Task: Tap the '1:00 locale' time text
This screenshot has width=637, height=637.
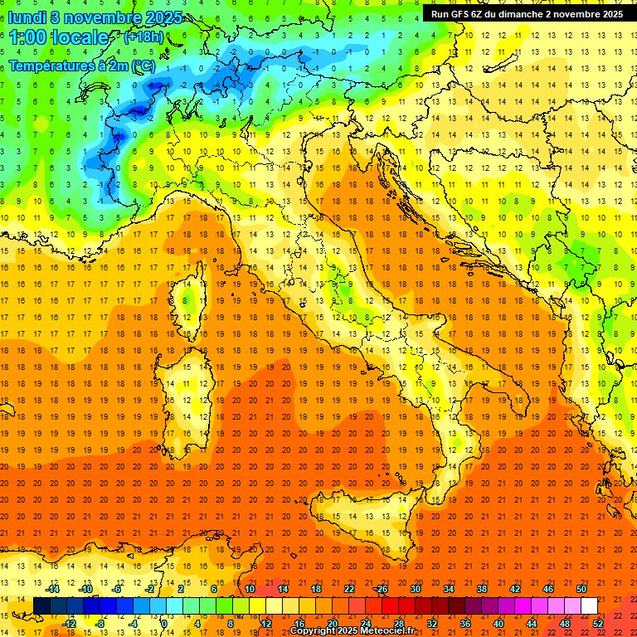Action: click(x=59, y=37)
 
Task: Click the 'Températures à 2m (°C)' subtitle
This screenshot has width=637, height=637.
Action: click(x=82, y=66)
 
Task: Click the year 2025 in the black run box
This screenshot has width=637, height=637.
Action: click(x=610, y=14)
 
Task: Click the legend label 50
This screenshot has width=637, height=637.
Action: click(x=581, y=589)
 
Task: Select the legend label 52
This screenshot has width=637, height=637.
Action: click(x=598, y=623)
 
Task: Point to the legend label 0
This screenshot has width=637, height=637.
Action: click(x=164, y=623)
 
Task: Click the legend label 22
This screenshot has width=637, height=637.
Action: click(x=349, y=589)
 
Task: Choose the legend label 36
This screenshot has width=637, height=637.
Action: click(x=465, y=623)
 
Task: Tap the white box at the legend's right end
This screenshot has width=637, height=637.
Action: click(x=590, y=605)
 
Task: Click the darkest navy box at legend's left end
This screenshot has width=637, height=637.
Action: click(x=41, y=605)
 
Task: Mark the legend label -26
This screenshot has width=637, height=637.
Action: click(x=382, y=589)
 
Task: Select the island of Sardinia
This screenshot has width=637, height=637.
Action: click(x=187, y=390)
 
